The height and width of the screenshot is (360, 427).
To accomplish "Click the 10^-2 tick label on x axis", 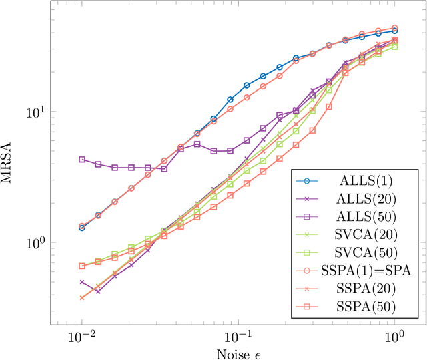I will pyautogui.click(x=81, y=338).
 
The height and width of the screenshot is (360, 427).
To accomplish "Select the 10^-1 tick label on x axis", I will pyautogui.click(x=238, y=338).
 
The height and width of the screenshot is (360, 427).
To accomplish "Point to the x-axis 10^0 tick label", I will pyautogui.click(x=395, y=338).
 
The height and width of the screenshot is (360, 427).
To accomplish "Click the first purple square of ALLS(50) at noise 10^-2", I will pyautogui.click(x=82, y=160).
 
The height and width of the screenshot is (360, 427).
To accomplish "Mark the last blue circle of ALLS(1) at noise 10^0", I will pyautogui.click(x=395, y=31).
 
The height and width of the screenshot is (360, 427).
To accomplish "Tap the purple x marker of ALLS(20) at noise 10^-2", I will pyautogui.click(x=82, y=282).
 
